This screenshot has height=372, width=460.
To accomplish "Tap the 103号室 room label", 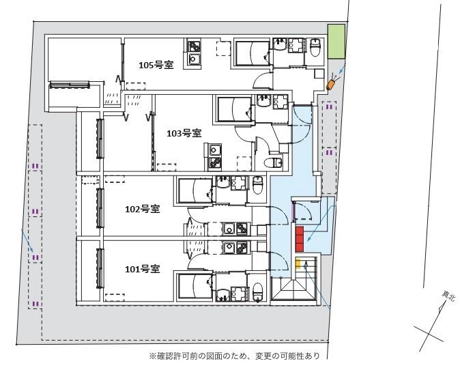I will (x=184, y=133).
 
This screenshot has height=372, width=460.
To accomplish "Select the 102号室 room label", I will (x=142, y=209).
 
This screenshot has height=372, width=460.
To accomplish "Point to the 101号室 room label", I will (x=142, y=268).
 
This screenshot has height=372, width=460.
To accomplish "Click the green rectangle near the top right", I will (x=336, y=42).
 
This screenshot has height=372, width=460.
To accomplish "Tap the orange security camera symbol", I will (x=332, y=83).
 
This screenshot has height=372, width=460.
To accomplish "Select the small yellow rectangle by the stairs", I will (x=298, y=263).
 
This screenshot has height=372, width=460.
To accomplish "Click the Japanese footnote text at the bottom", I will (x=239, y=356).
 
